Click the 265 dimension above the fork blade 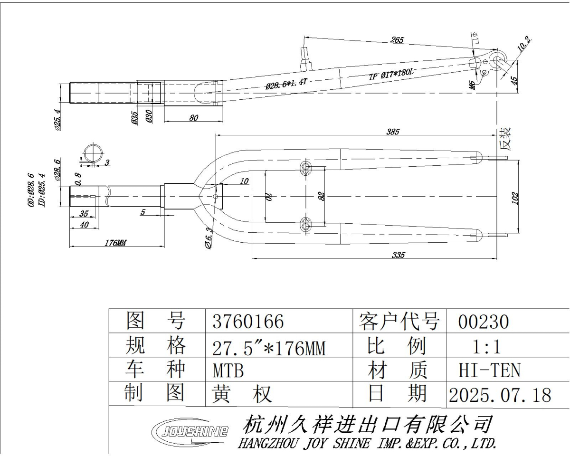point(397,40)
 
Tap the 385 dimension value point(392,132)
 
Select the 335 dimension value point(399,255)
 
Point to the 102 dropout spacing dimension point(515,198)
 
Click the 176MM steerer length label point(115,242)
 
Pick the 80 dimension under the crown point(194,118)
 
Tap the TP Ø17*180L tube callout point(391,74)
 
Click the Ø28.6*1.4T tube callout point(286,84)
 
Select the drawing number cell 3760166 point(248,322)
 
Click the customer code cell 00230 point(484,322)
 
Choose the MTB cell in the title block point(228,370)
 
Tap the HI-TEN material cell point(489,370)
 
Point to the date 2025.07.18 point(500,395)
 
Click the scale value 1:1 point(487,347)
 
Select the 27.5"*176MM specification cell point(269,347)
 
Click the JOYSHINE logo point(190,432)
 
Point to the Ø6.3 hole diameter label point(209,237)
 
